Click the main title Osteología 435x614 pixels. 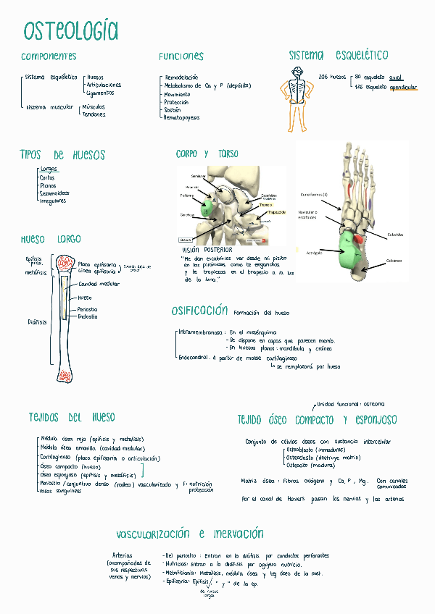[70, 31]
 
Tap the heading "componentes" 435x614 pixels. [49, 56]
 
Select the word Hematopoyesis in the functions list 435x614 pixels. [181, 117]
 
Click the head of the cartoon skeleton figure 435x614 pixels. [297, 72]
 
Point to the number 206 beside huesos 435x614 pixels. [323, 76]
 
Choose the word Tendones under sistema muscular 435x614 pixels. [94, 114]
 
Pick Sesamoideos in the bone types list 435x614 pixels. [54, 193]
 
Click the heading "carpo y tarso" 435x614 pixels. [207, 154]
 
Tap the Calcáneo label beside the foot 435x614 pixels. [394, 261]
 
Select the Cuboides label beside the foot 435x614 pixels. [395, 234]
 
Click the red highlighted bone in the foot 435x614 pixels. [357, 238]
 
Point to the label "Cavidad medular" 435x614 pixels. [99, 285]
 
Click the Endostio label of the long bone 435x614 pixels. [88, 316]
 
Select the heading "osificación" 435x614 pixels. [199, 311]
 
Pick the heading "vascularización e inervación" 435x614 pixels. [189, 534]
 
